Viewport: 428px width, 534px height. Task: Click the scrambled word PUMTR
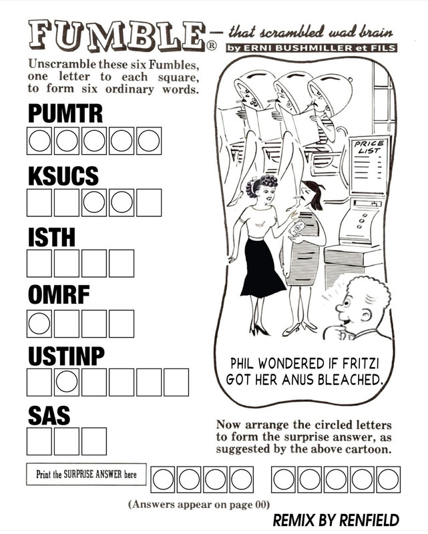tap(65, 113)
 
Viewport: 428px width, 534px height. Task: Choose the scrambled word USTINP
tap(66, 356)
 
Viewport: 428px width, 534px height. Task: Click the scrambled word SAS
tap(49, 416)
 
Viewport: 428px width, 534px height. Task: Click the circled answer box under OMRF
tap(39, 324)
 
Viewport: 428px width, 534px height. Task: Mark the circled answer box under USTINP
tap(67, 382)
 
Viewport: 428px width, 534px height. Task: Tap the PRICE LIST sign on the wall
tap(368, 148)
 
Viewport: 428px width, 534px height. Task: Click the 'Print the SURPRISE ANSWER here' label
tap(86, 474)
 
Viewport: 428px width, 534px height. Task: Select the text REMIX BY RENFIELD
tap(335, 519)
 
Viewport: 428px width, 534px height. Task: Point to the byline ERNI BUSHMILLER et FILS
tap(310, 49)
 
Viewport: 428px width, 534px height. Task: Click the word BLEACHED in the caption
tap(353, 380)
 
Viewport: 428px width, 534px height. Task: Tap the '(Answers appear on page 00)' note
tap(198, 504)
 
